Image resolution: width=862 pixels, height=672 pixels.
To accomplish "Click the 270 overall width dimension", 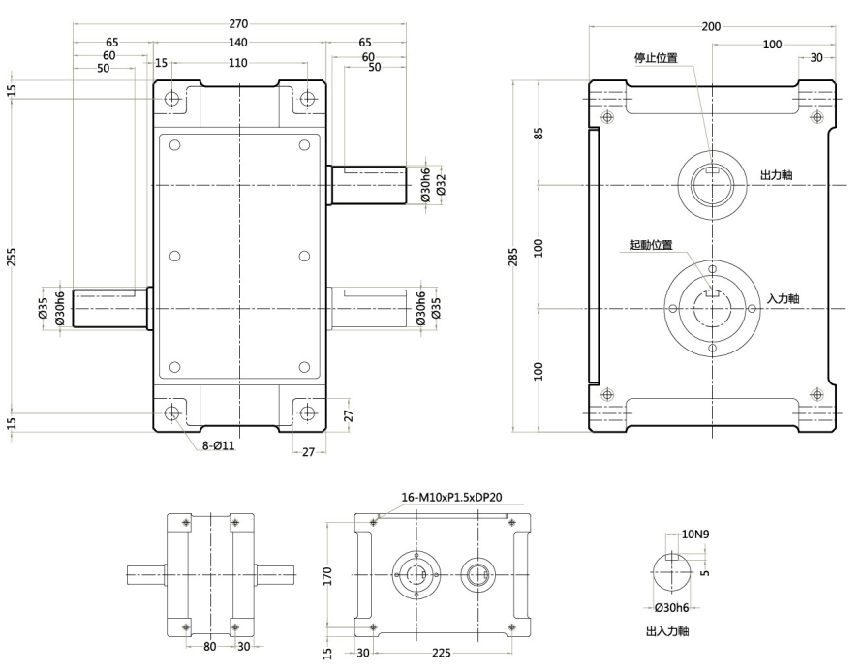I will (x=239, y=24).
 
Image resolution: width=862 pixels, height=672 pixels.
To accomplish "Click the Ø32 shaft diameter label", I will (x=441, y=184).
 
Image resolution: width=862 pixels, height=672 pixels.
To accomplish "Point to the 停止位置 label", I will (x=656, y=58).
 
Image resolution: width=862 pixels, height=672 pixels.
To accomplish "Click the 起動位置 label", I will (x=651, y=246).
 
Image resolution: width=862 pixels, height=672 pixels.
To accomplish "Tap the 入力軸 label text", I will (x=782, y=299).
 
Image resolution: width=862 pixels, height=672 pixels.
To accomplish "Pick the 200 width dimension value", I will (x=711, y=27).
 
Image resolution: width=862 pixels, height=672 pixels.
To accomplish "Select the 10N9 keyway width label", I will (x=696, y=534).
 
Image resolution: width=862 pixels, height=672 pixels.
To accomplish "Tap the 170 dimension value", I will (x=328, y=576).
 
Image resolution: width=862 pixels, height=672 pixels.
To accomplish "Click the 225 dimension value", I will (x=442, y=653).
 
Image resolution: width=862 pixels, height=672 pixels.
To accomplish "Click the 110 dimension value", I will (x=239, y=63).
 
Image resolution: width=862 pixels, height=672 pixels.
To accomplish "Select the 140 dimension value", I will (x=239, y=43).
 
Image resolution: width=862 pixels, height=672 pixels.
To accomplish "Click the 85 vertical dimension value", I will (x=539, y=133).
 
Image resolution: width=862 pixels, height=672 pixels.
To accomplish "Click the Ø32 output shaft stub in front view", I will (x=368, y=184).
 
